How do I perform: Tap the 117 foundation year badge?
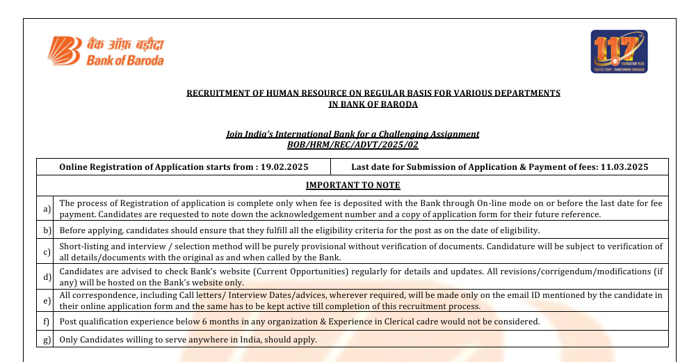(619, 51)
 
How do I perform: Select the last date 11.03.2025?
(624, 167)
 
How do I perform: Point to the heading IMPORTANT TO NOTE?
(353, 185)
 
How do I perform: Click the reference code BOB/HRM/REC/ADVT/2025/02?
(353, 144)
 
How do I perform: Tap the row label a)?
(47, 209)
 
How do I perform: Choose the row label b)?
(47, 230)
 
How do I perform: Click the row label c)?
(47, 251)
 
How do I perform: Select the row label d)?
(47, 277)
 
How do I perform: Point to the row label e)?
(47, 301)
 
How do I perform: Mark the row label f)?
(47, 322)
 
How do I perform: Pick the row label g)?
(47, 340)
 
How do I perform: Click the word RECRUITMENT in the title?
(213, 93)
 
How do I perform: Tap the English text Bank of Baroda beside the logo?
(125, 61)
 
